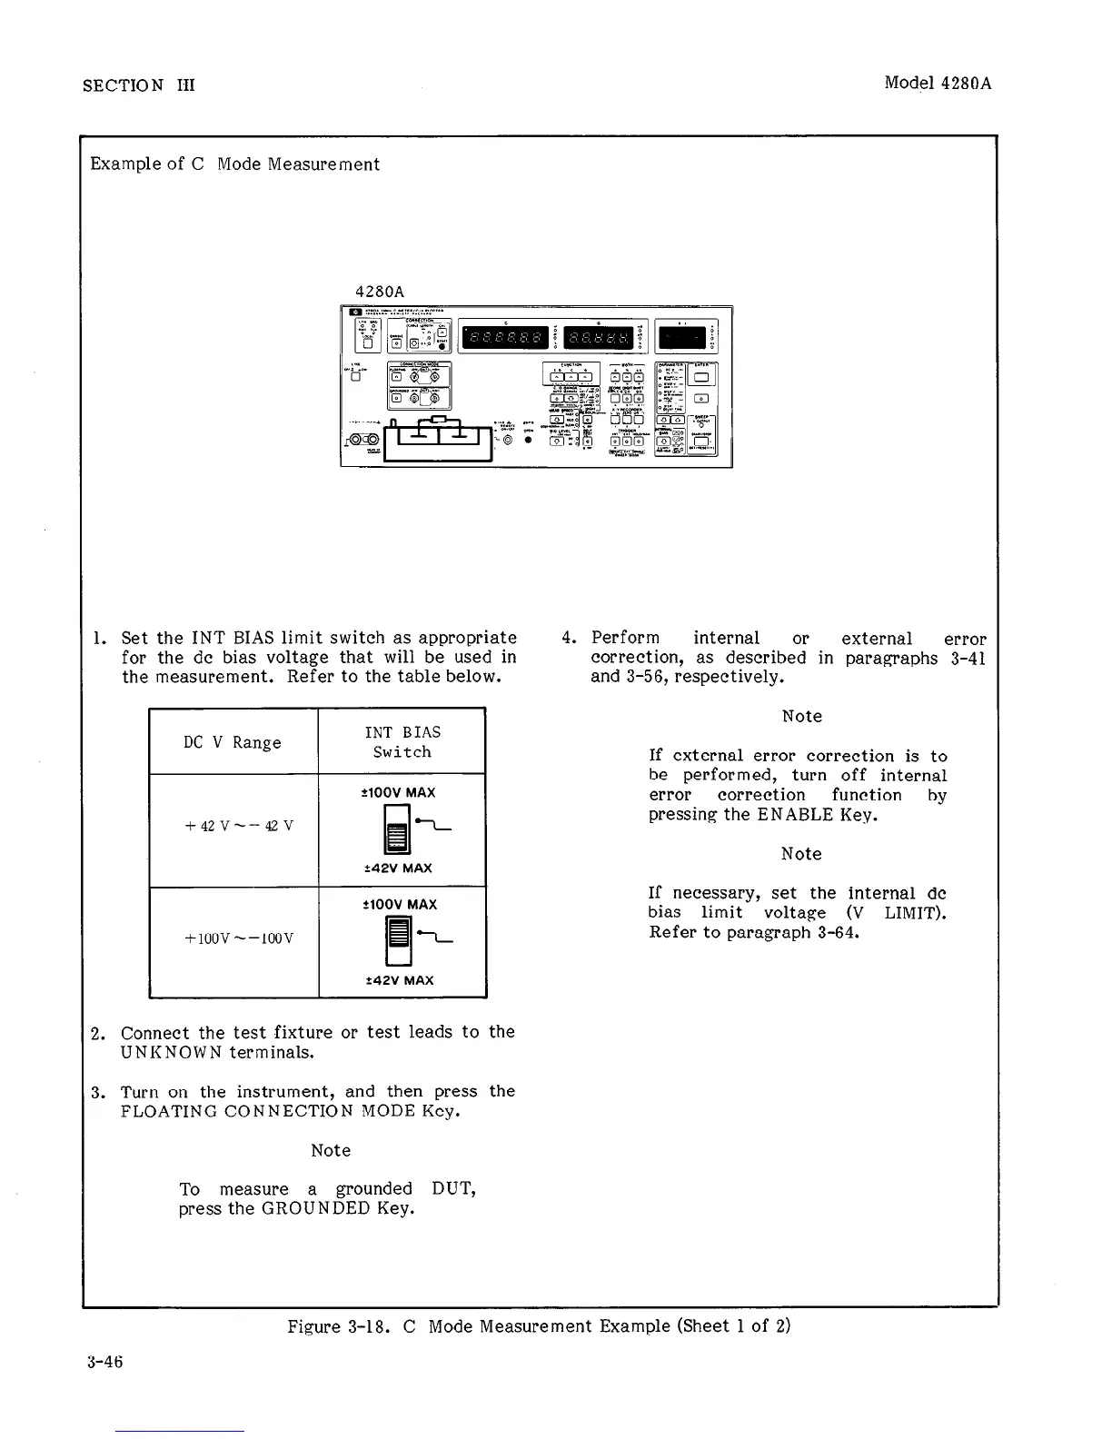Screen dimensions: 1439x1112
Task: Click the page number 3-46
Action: (103, 1361)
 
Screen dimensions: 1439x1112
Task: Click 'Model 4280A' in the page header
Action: (938, 84)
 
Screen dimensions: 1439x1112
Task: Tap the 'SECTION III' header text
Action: (138, 85)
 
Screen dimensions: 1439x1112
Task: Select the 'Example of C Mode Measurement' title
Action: (234, 164)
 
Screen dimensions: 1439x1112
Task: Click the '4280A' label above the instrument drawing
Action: (379, 292)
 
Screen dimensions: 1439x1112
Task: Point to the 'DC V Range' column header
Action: (233, 742)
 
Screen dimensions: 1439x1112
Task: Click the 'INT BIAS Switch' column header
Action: (402, 742)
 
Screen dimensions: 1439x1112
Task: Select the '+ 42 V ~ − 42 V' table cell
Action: (233, 826)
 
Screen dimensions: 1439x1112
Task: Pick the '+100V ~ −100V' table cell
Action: (233, 938)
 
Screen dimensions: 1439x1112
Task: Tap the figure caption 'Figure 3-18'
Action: (539, 1325)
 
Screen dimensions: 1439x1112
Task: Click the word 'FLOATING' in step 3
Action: (168, 1111)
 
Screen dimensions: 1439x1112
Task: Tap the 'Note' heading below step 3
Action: (331, 1150)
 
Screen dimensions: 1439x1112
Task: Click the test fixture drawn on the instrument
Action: (438, 439)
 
